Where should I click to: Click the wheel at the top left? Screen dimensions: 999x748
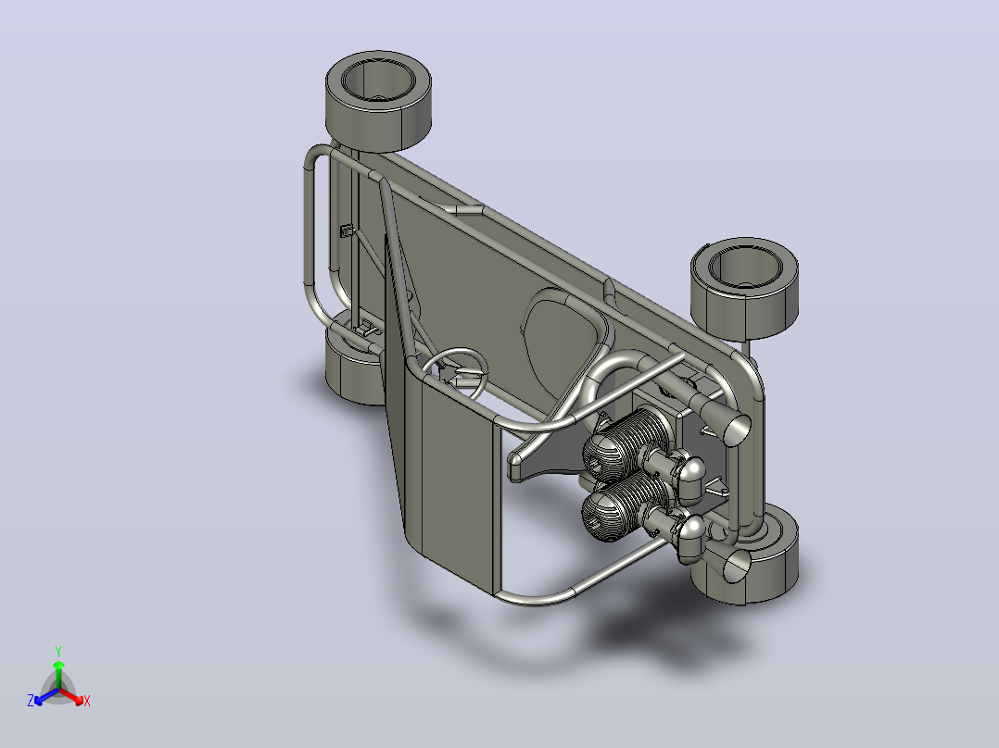point(378,102)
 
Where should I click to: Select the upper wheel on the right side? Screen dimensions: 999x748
point(745,289)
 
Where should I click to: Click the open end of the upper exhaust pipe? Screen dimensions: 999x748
point(736,428)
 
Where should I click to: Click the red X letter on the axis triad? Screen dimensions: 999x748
point(87,701)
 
